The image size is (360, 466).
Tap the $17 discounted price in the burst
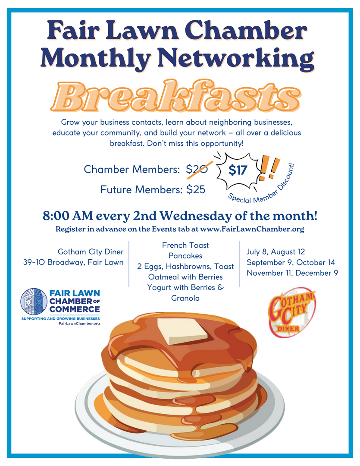click(238, 170)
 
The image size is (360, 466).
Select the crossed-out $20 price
click(197, 170)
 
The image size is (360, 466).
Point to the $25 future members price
click(196, 189)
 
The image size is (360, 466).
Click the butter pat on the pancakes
click(182, 331)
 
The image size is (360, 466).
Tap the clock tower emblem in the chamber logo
click(34, 301)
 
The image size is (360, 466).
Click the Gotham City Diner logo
click(292, 312)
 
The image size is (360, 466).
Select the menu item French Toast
click(185, 245)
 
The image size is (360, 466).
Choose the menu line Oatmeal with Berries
click(185, 277)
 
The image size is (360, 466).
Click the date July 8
click(257, 252)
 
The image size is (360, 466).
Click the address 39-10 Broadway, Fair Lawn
click(73, 262)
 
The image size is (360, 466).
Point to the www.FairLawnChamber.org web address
click(252, 229)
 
